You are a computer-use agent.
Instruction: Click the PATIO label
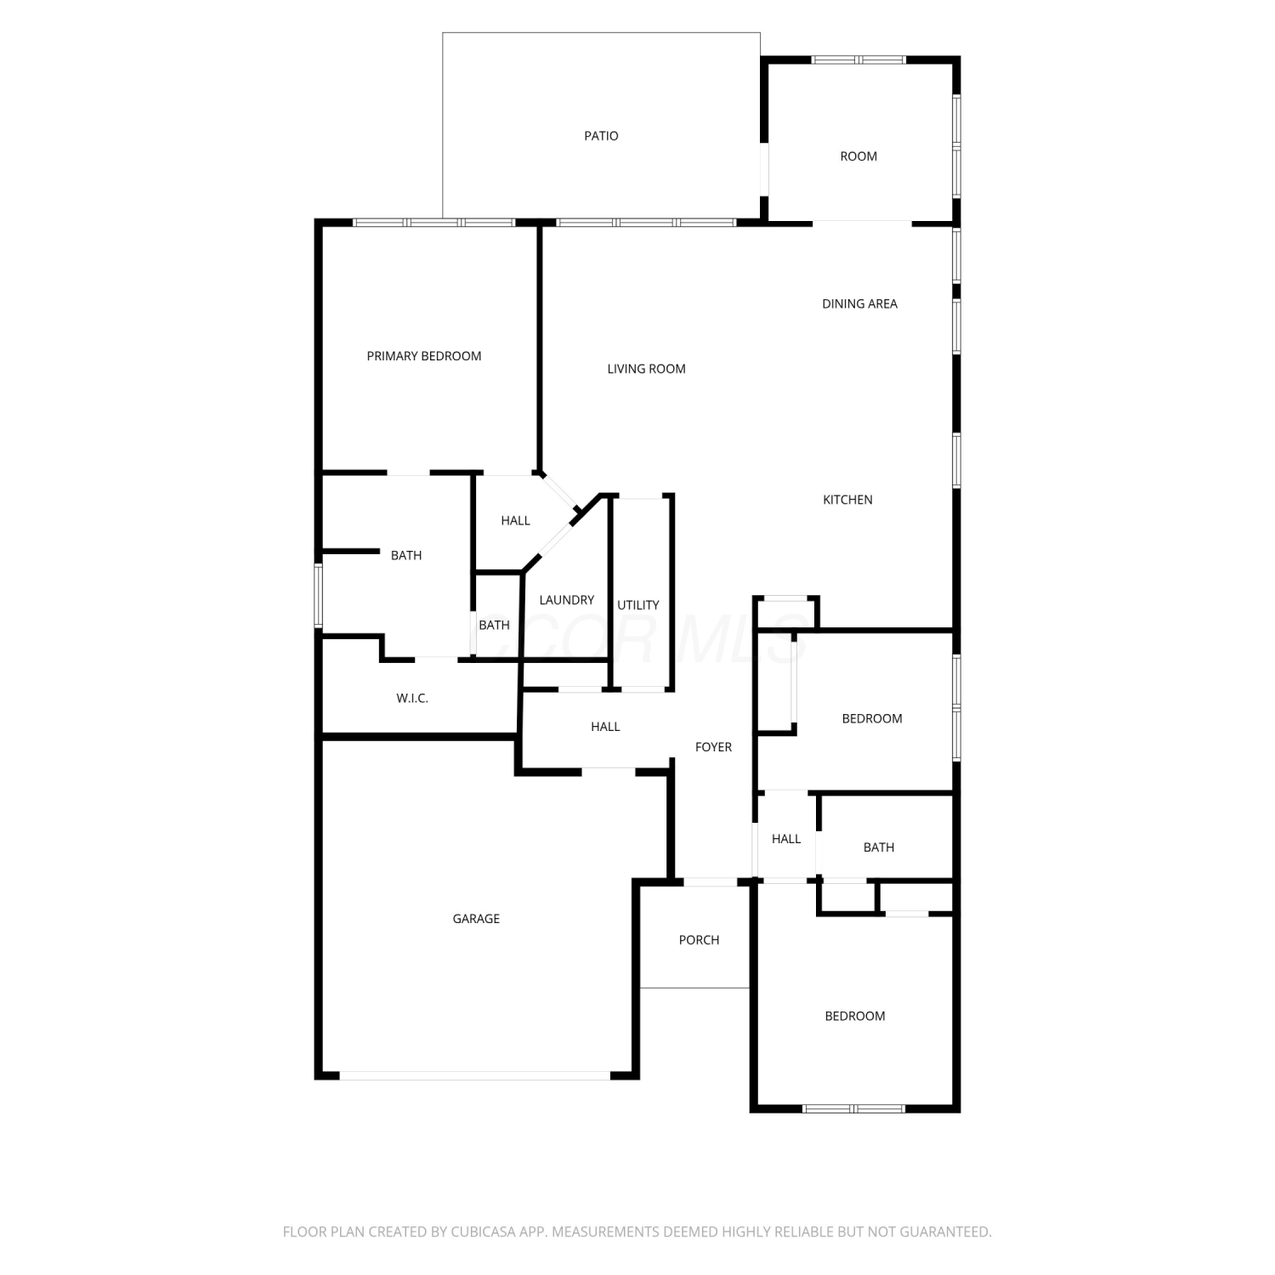point(601,136)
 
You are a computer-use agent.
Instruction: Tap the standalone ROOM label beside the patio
point(858,156)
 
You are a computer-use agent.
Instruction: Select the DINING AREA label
point(859,303)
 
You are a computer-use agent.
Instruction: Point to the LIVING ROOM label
point(646,369)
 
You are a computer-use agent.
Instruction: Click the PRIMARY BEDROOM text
point(424,356)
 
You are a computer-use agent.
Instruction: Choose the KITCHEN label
point(847,500)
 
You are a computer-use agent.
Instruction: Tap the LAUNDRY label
point(567,600)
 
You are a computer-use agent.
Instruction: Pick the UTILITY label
point(638,605)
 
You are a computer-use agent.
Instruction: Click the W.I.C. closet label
point(412,699)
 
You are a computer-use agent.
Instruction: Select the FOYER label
point(713,747)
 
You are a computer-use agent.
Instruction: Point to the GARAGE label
point(476,919)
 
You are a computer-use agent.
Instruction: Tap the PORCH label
point(699,940)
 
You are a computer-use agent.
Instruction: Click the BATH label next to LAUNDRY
point(494,626)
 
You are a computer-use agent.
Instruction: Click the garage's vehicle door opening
point(475,1075)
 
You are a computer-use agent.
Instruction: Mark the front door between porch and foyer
point(711,882)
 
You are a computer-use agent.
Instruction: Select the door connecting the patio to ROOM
point(764,169)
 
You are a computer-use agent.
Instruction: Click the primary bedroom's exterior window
point(434,223)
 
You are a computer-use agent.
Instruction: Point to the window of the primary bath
point(319,595)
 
